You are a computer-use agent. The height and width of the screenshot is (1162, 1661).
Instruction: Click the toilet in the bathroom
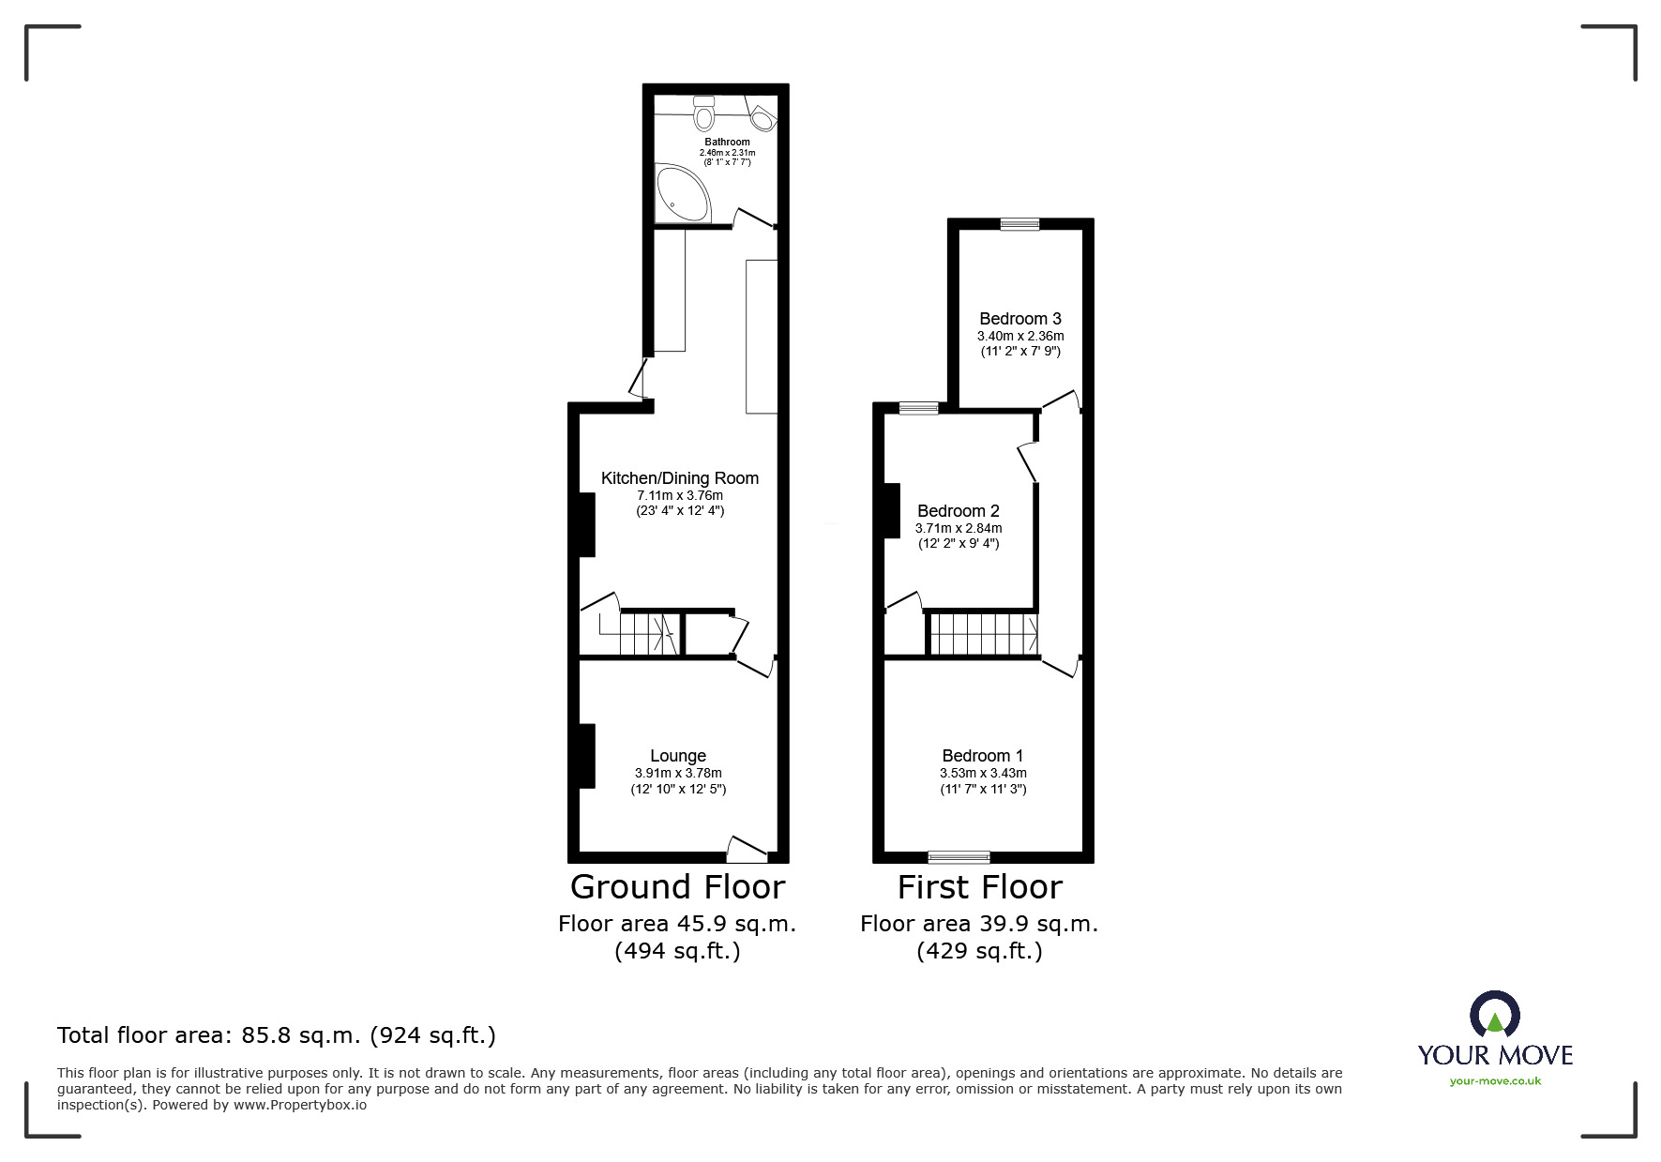tap(703, 113)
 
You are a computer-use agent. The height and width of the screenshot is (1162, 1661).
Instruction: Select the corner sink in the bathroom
tap(763, 119)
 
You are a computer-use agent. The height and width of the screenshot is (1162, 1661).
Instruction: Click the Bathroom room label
tap(727, 143)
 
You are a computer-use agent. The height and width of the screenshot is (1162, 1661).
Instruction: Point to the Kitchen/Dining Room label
tap(679, 478)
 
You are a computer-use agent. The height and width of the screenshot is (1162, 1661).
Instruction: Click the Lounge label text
tap(678, 756)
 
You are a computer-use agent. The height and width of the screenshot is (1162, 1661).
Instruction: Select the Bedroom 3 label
tap(1019, 319)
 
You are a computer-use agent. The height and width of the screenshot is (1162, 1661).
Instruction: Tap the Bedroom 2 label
tap(958, 511)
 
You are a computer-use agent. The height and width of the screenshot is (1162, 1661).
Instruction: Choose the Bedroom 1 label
tap(983, 756)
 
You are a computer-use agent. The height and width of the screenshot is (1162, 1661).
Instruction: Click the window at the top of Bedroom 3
tap(1019, 224)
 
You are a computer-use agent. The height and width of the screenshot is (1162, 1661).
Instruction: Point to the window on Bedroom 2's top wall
tap(918, 408)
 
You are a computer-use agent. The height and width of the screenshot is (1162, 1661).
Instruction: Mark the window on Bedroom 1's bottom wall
tap(959, 856)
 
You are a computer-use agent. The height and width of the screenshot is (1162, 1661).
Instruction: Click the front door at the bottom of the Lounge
tap(747, 851)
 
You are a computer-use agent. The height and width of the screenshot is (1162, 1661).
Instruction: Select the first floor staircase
tap(983, 634)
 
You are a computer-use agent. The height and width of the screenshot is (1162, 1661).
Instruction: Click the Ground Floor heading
tap(677, 887)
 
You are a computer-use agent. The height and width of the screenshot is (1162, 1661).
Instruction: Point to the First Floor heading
tap(979, 887)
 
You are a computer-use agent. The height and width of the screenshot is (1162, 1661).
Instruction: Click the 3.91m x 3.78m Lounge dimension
tap(678, 774)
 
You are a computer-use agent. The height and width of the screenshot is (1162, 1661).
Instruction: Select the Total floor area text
tap(277, 1035)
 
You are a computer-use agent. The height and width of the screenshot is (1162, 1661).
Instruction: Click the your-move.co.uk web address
tap(1495, 1081)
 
